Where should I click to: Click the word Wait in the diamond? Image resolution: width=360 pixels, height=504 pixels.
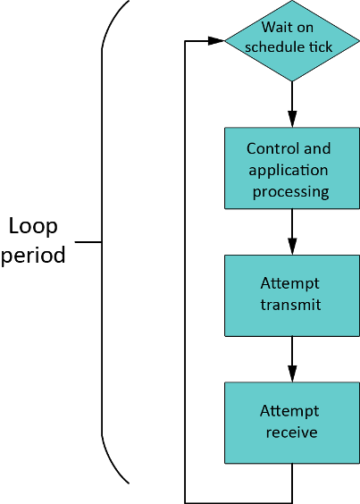click(276, 28)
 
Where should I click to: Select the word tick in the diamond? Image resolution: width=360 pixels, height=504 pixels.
click(320, 46)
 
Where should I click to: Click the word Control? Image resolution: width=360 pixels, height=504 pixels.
click(270, 148)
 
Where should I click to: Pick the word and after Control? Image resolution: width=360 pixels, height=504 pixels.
click(316, 148)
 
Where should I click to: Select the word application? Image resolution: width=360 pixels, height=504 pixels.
click(289, 170)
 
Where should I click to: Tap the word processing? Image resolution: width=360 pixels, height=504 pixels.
click(291, 191)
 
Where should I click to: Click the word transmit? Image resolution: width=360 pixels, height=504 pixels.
click(290, 305)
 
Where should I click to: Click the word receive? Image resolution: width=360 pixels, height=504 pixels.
click(291, 433)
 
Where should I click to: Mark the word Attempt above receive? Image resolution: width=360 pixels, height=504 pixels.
click(289, 411)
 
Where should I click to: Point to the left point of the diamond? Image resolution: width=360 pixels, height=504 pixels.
click(227, 40)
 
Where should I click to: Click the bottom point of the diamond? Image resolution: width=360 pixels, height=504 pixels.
click(291, 80)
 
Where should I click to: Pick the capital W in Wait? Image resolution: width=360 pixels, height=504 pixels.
click(266, 28)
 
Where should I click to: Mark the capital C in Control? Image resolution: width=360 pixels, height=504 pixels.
click(251, 148)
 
